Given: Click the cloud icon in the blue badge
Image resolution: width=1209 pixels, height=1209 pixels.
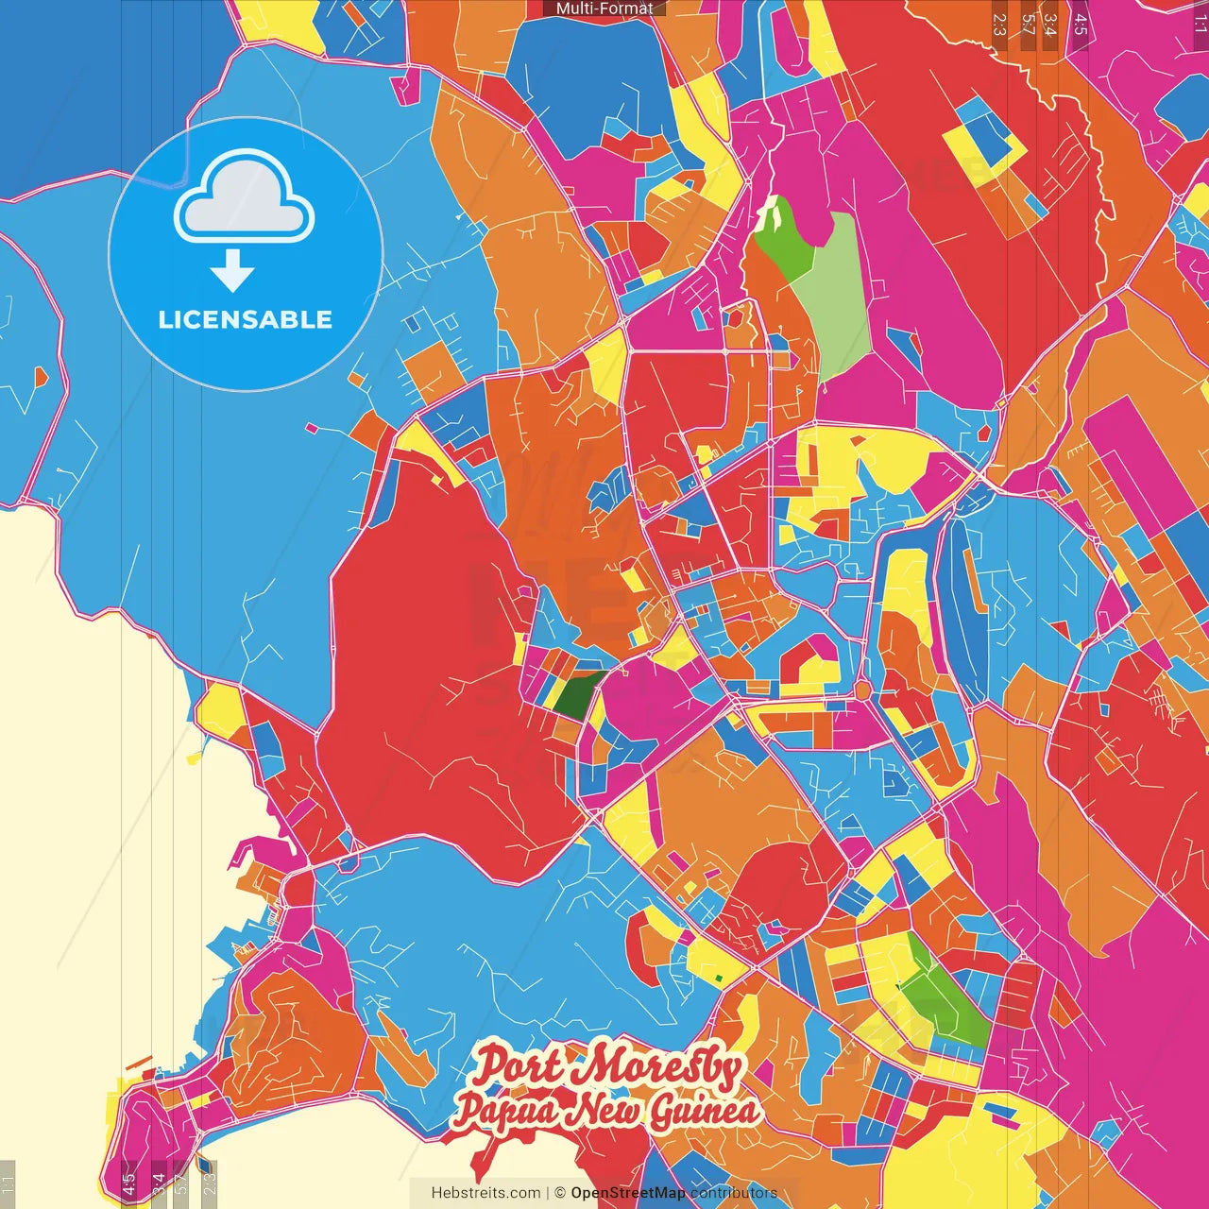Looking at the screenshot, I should (x=245, y=199).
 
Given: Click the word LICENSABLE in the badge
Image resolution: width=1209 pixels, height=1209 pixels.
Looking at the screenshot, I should (x=245, y=319).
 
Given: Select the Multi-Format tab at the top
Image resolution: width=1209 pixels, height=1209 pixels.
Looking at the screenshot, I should (x=604, y=9).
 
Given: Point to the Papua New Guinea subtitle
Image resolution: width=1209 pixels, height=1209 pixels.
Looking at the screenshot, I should (x=604, y=1111).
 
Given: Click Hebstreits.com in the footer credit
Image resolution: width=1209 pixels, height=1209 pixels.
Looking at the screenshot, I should (x=485, y=1193).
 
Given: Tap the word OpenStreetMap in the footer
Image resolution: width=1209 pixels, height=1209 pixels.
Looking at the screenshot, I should (x=628, y=1193).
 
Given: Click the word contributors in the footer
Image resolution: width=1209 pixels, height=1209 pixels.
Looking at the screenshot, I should (x=734, y=1193).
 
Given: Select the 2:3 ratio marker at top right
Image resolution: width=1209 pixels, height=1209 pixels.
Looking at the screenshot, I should (x=999, y=25).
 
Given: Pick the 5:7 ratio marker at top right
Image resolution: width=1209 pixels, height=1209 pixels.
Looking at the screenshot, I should (x=1028, y=25).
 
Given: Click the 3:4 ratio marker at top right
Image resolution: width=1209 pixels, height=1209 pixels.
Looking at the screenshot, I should (x=1049, y=25).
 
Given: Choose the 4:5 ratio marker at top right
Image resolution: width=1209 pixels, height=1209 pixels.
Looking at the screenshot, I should (x=1081, y=25).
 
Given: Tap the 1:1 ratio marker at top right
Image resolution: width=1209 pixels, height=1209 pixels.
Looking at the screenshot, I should (x=1200, y=25).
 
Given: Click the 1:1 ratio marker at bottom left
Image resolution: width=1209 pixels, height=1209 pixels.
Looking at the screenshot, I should (x=9, y=1183).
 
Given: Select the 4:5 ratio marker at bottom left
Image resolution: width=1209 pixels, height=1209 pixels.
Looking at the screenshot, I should (x=129, y=1183).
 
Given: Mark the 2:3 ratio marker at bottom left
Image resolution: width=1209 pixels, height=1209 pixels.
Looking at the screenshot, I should (x=209, y=1183).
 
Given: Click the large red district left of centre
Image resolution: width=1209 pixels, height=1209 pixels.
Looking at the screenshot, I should (x=425, y=661).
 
